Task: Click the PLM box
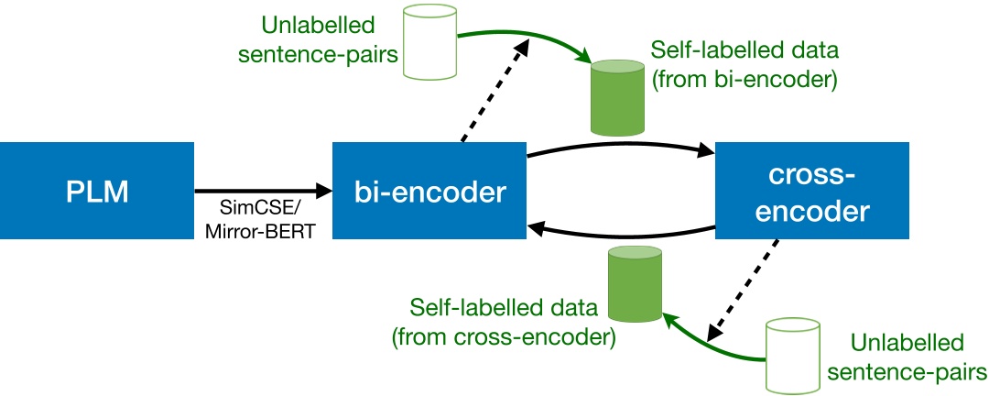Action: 96,193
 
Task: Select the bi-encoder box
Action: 429,193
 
